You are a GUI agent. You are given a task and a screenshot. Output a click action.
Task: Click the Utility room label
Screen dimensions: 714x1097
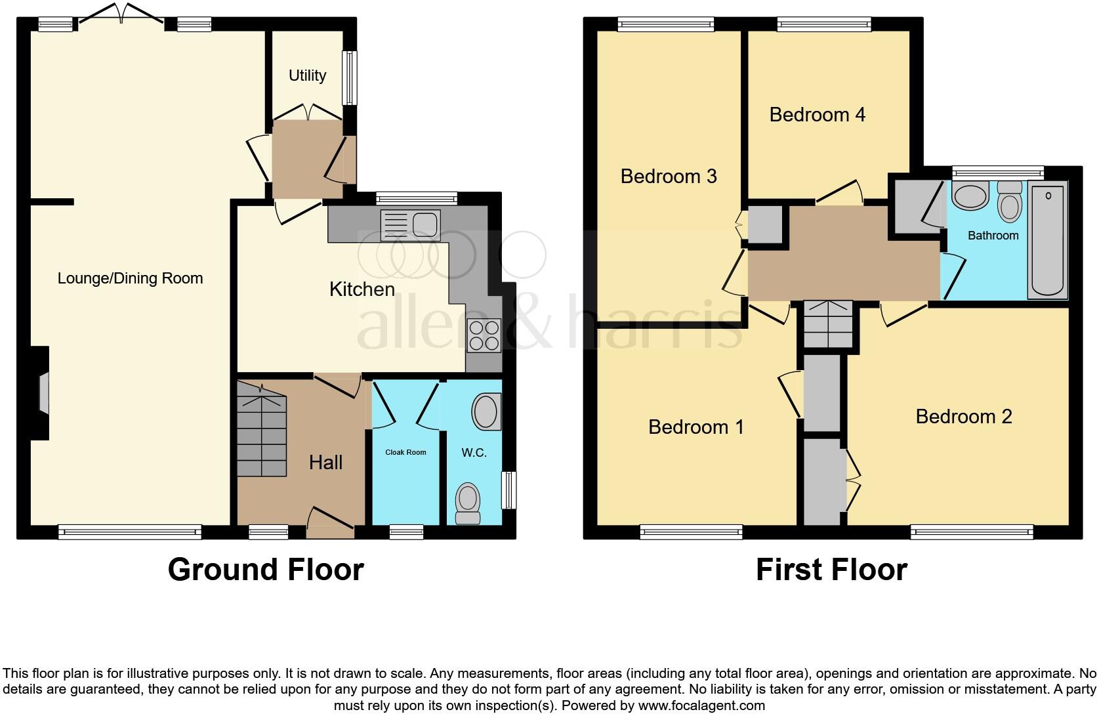(307, 75)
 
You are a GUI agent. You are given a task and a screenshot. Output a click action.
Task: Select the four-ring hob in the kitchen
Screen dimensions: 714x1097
(484, 335)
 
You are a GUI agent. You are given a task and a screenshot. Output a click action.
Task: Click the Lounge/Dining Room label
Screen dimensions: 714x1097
(130, 278)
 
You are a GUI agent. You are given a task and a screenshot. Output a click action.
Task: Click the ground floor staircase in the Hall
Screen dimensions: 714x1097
(261, 433)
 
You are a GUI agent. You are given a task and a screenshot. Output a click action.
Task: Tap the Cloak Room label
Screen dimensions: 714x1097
(405, 452)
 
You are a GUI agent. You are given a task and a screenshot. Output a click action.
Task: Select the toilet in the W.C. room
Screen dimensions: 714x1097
(468, 503)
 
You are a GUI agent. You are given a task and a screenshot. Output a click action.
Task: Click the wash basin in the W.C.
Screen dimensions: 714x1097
(486, 412)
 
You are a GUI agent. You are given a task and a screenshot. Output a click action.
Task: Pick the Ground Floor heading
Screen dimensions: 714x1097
(266, 570)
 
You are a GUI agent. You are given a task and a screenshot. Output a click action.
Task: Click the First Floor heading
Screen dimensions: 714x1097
(831, 570)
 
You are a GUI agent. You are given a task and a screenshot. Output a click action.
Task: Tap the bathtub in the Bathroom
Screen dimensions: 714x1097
(1048, 240)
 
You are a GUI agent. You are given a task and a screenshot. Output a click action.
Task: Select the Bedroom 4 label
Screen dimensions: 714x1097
(817, 115)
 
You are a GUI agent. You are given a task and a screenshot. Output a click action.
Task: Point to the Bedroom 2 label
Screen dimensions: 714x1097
(963, 416)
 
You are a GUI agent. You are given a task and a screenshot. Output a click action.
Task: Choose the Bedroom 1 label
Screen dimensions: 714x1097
(696, 427)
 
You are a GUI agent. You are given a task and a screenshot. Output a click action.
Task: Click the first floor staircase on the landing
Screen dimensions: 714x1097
(828, 324)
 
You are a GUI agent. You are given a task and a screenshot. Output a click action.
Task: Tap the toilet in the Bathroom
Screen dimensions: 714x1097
(1009, 202)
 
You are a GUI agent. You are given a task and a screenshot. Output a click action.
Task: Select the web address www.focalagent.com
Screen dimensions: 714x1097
(701, 706)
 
